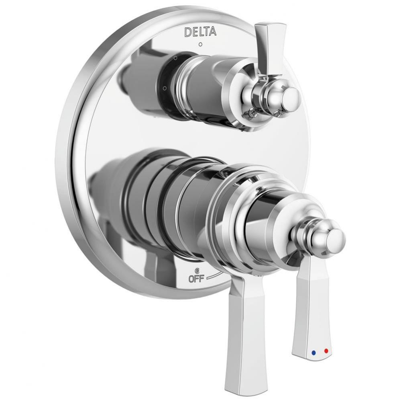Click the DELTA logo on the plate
click(x=200, y=32)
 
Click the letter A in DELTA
click(x=213, y=32)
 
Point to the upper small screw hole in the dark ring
click(x=175, y=59)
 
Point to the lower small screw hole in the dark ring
click(x=164, y=86)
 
